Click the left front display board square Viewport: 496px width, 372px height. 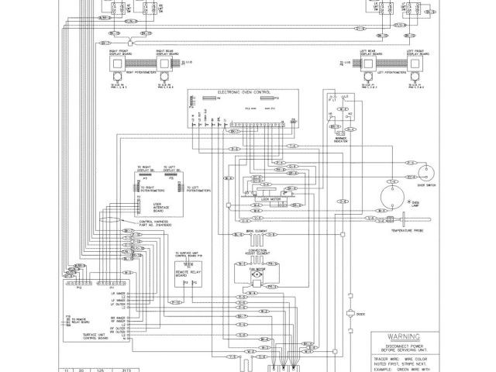point(410,67)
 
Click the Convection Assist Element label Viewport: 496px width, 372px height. point(256,251)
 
